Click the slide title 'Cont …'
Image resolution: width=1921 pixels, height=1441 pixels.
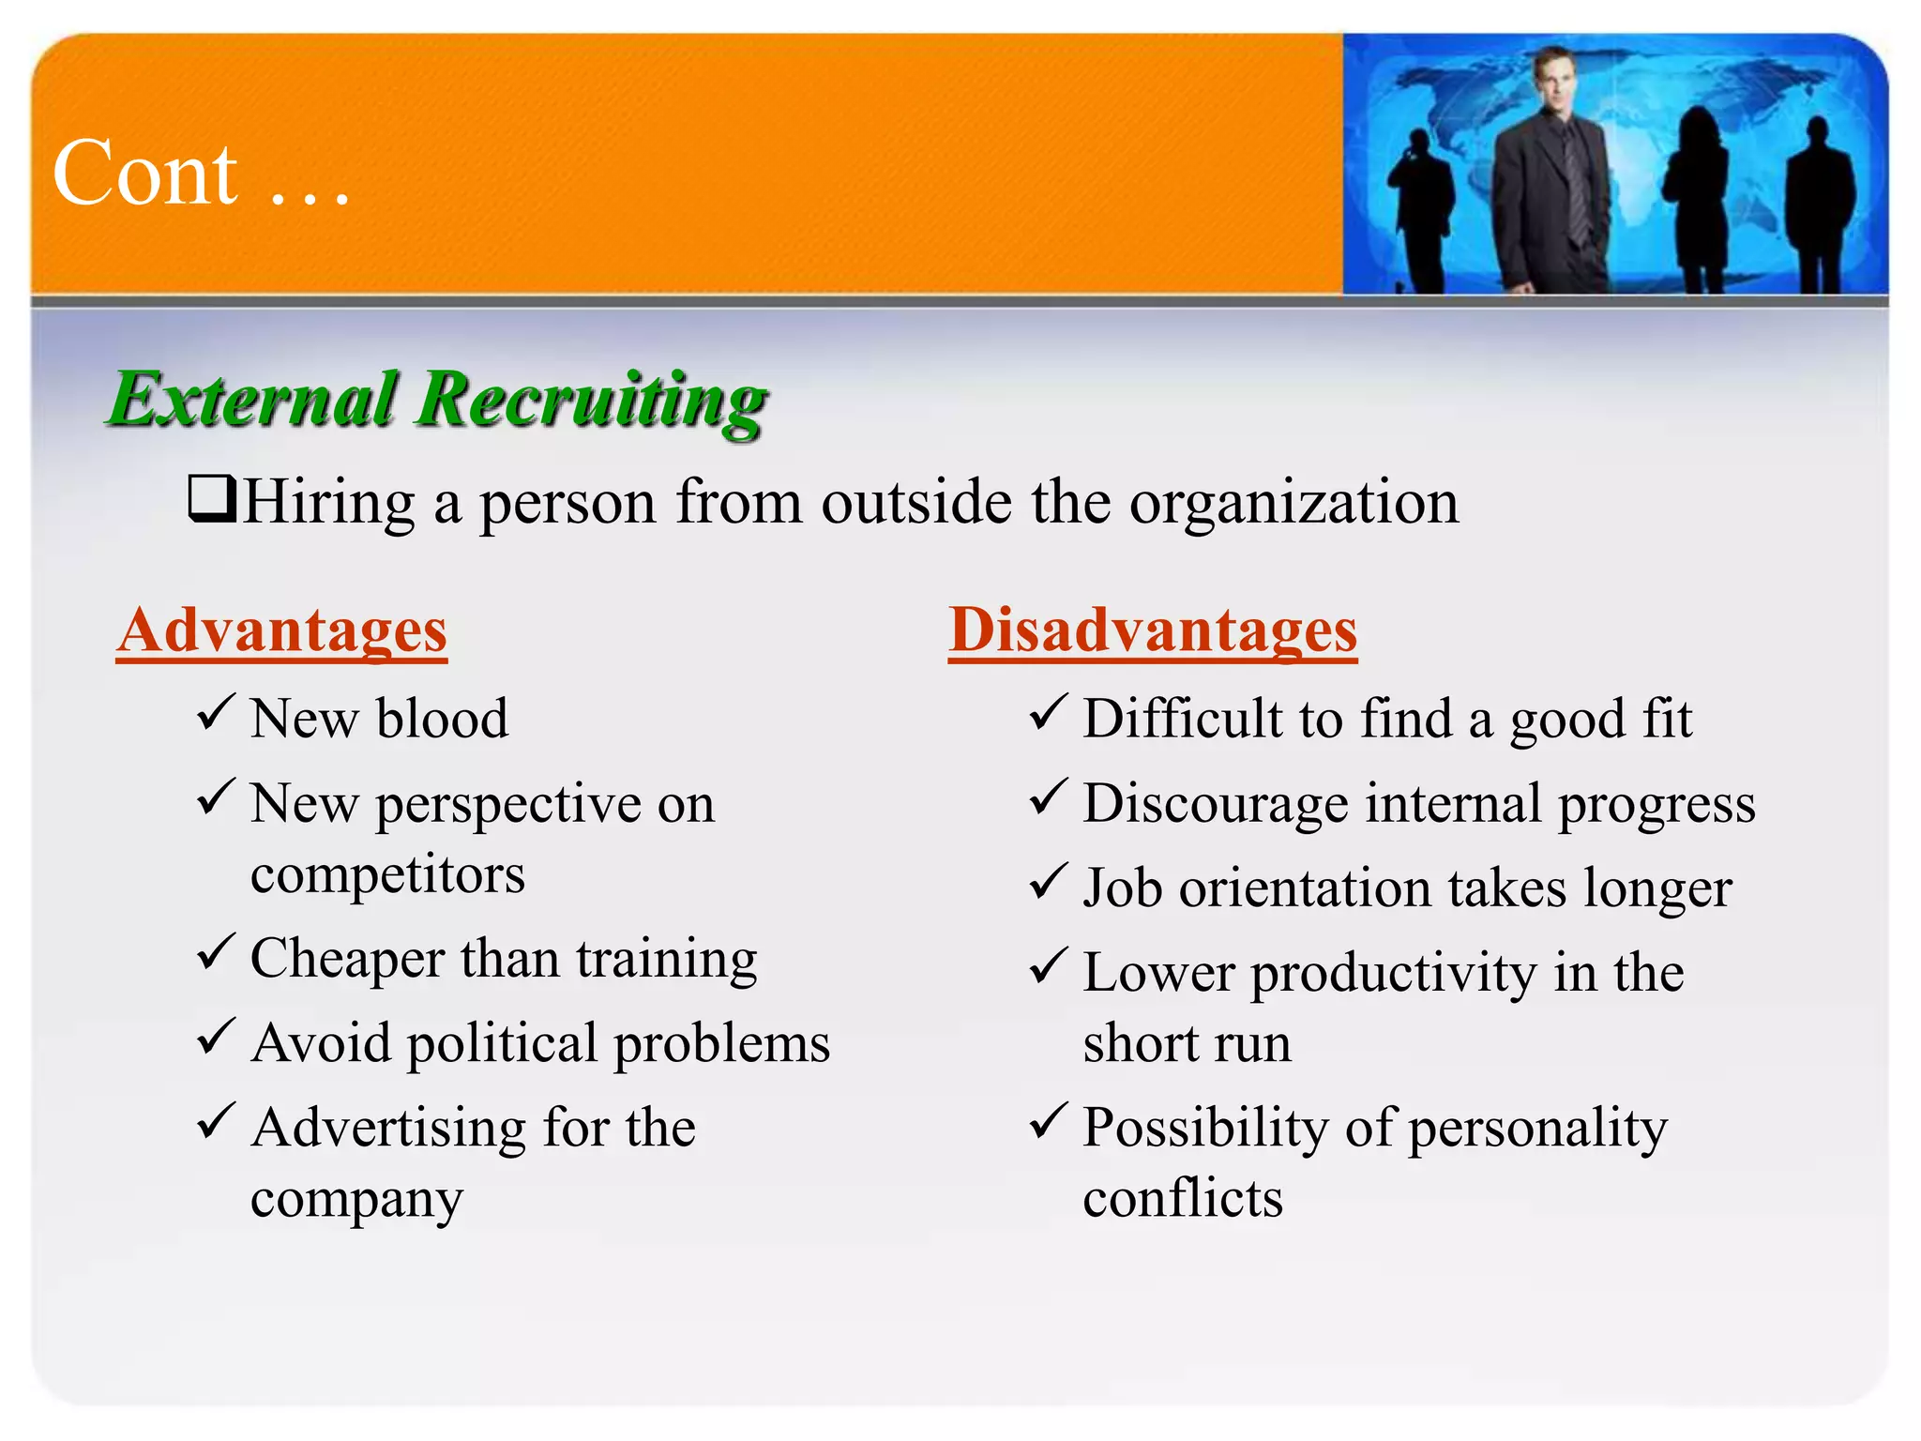201,174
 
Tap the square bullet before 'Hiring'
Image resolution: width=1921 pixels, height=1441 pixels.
211,498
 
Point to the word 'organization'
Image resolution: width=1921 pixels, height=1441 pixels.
1293,504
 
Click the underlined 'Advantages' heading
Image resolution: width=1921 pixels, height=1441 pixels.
281,630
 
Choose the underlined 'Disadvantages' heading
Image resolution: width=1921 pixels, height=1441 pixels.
1153,630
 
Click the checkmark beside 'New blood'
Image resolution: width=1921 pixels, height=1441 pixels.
215,714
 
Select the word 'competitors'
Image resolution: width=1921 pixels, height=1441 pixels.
387,875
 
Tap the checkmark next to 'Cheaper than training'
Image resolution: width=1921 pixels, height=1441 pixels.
215,953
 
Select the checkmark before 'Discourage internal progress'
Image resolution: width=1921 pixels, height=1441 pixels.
1048,798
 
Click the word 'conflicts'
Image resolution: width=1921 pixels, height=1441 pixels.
1183,1199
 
